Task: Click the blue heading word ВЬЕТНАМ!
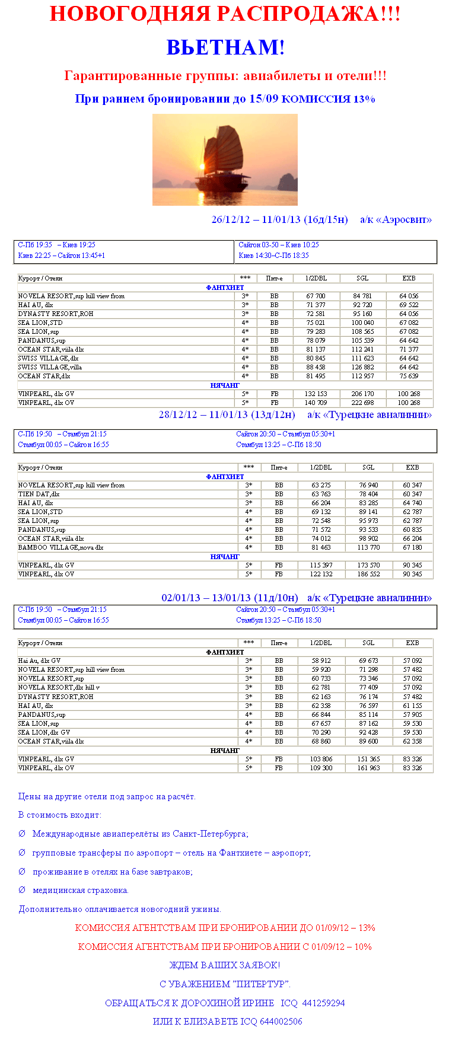pos(225,47)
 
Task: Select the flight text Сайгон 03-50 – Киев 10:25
pos(279,245)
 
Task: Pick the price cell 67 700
pos(316,296)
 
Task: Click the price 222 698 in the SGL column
pos(362,403)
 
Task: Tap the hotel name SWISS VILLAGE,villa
pos(50,367)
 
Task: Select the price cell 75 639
pos(409,376)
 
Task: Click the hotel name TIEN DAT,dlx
pos(39,494)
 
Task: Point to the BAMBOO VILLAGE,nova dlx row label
pos(60,547)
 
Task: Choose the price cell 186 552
pos(368,574)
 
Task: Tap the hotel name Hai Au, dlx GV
pos(39,661)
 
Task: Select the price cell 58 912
pos(321,661)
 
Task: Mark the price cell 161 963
pos(368,768)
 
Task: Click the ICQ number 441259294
pos(323,1003)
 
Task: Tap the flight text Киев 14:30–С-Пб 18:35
pos(273,256)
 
